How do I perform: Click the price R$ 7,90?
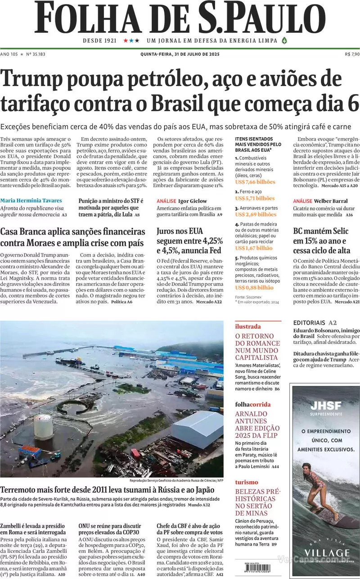click(x=352, y=54)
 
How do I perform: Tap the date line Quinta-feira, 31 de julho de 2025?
click(x=180, y=54)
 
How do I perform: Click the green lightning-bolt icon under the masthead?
click(x=283, y=41)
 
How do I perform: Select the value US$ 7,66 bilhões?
click(x=255, y=181)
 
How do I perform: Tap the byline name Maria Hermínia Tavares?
click(x=31, y=200)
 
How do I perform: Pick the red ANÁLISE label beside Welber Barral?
click(x=302, y=201)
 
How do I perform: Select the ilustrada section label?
click(x=247, y=326)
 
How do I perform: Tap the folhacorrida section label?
click(x=252, y=404)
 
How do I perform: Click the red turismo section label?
click(x=247, y=482)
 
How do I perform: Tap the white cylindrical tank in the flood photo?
click(x=43, y=426)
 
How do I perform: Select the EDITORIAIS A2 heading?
click(x=315, y=322)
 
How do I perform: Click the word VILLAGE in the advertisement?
click(x=326, y=553)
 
